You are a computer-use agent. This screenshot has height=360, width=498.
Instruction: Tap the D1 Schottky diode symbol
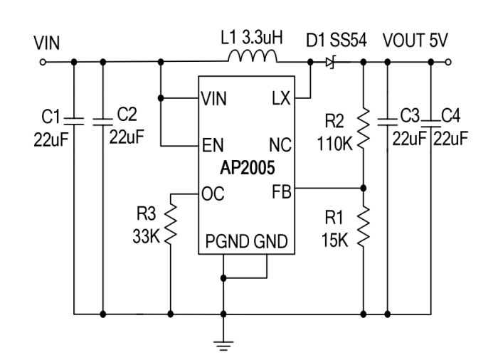[330, 63]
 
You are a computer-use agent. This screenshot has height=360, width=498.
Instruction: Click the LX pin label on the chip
[280, 99]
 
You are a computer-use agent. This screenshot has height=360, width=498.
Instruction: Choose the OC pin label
[213, 194]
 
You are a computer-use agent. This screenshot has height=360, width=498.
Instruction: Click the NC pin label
[279, 146]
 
